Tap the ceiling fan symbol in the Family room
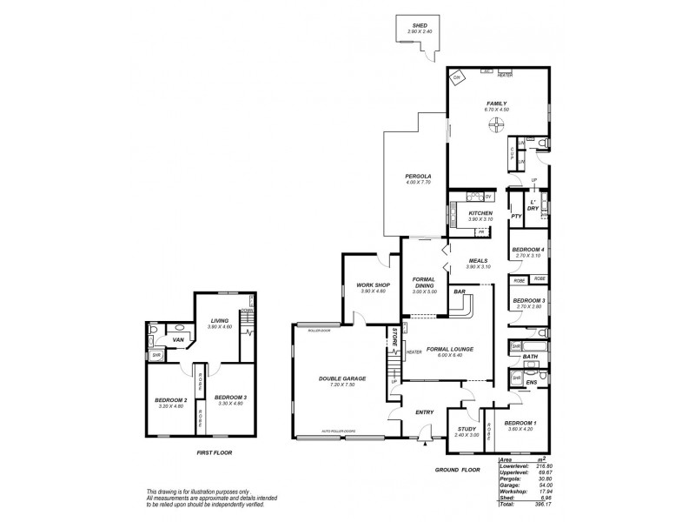[495, 125]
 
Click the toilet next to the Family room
[541, 142]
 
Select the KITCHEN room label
[480, 213]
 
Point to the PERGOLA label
[418, 176]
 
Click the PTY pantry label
[516, 215]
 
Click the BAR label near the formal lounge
[458, 292]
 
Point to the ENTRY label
[424, 412]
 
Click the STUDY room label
[467, 429]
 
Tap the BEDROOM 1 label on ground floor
[521, 422]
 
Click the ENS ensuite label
[532, 382]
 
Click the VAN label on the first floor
[177, 340]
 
